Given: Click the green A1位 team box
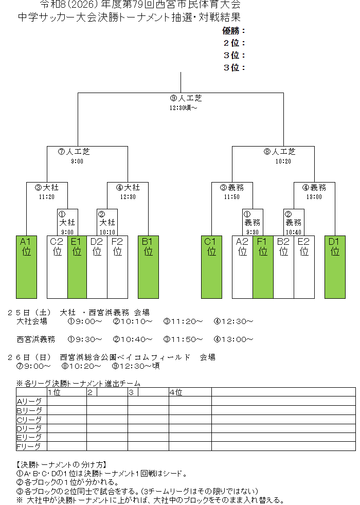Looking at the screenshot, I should [26, 267].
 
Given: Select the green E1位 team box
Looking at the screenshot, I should [77, 267].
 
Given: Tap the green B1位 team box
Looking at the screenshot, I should [149, 267].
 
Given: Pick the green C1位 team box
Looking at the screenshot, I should [211, 267].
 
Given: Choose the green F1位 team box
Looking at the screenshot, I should [263, 267].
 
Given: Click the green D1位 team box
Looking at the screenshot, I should [335, 267].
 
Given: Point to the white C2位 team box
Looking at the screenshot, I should [57, 267].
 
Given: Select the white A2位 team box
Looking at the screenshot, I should [242, 267].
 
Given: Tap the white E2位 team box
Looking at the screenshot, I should [304, 267].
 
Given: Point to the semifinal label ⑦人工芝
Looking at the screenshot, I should [74, 151].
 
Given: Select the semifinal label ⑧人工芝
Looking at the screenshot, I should [280, 151].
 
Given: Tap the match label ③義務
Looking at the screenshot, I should [232, 187].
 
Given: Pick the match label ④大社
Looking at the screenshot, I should [128, 187].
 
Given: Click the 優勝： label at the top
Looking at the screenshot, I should [233, 31].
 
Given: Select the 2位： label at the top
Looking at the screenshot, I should [234, 43].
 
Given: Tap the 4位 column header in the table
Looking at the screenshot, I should [176, 392].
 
